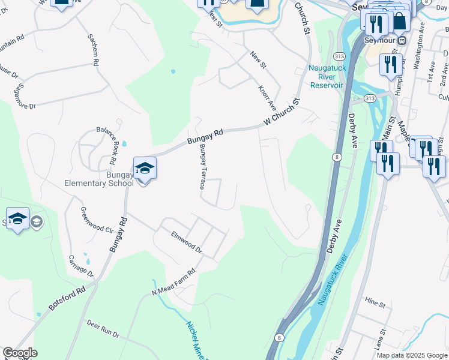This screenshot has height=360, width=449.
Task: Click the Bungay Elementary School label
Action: coord(99,179)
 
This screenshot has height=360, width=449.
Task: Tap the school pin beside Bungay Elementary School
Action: coord(145,169)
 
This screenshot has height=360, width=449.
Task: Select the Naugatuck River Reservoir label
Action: coord(327,77)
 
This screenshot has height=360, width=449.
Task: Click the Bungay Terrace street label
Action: coord(205,167)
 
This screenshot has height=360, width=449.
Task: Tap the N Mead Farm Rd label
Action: coord(174,281)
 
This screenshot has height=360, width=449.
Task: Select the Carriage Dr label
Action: coord(81,266)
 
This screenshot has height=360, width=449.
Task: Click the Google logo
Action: coord(20,353)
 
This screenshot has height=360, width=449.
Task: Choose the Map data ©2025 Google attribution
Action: coord(412,355)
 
